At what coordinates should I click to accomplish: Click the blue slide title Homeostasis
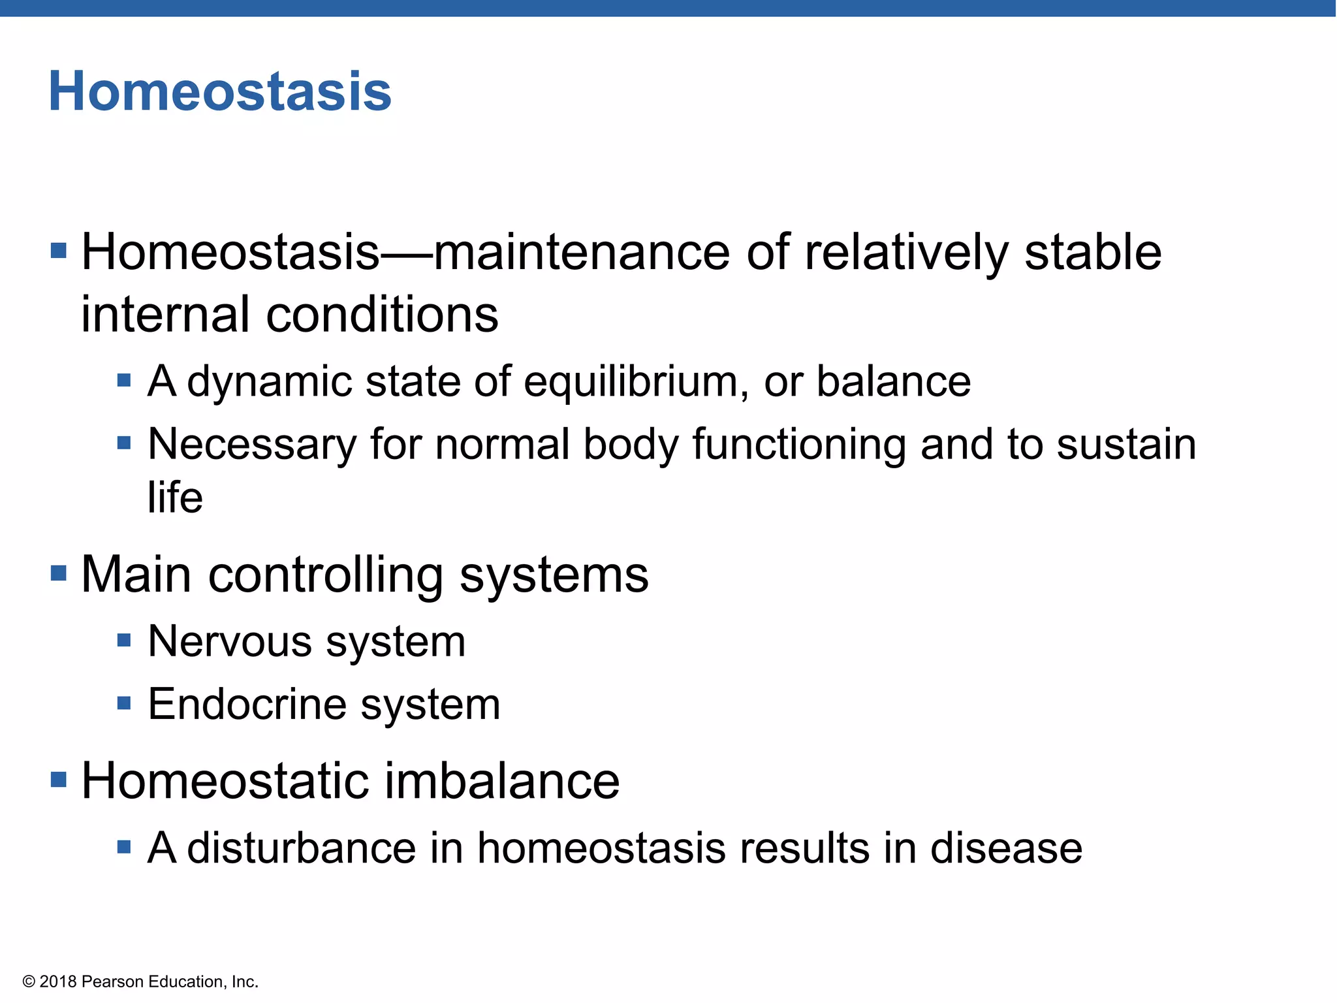(220, 91)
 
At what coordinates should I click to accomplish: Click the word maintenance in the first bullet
(582, 253)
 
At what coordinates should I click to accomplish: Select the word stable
(1093, 253)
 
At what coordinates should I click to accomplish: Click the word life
(175, 498)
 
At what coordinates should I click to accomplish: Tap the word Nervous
(230, 641)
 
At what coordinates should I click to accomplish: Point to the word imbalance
(501, 781)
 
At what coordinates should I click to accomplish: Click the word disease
(1006, 848)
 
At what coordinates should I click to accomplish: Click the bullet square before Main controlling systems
(59, 573)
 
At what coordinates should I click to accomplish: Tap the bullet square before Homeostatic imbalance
(59, 779)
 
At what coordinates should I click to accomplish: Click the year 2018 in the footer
(58, 982)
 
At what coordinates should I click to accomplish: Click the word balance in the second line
(893, 381)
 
